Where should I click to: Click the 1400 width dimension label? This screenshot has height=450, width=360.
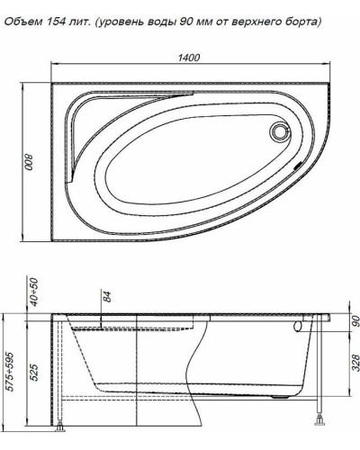point(189,57)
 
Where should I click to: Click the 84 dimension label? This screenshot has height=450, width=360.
point(105,298)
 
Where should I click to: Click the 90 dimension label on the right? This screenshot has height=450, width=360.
point(355,320)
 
